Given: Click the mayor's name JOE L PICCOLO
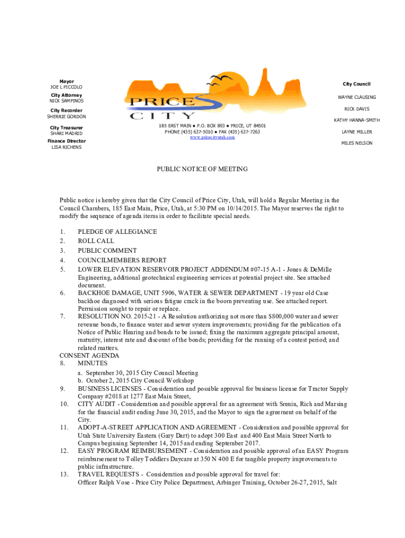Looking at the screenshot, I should pyautogui.click(x=66, y=87).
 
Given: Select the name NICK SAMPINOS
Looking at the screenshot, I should pyautogui.click(x=66, y=100).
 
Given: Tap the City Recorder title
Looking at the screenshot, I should pyautogui.click(x=66, y=110).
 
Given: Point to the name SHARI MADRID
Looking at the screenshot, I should pyautogui.click(x=66, y=133).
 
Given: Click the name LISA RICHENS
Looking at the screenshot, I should pyautogui.click(x=66, y=147).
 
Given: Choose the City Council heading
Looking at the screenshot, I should pyautogui.click(x=357, y=84).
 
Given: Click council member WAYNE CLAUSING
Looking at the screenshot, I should pyautogui.click(x=357, y=97).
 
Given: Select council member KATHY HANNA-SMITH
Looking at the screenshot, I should pyautogui.click(x=357, y=120).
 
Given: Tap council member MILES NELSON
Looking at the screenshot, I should pyautogui.click(x=357, y=143).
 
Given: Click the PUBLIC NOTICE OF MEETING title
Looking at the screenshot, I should pyautogui.click(x=202, y=169).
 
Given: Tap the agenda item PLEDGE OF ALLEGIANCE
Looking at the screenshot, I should pyautogui.click(x=117, y=232).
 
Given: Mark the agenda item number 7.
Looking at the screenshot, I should pyautogui.click(x=63, y=317).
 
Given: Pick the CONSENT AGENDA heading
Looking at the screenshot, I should pyautogui.click(x=89, y=356).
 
